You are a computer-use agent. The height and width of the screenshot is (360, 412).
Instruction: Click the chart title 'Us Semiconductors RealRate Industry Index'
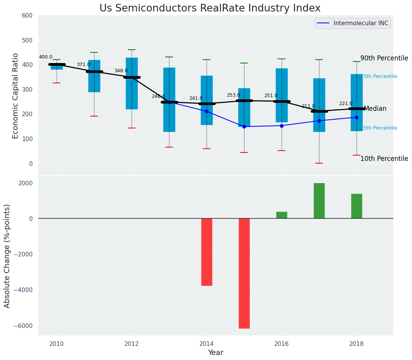click(x=210, y=8)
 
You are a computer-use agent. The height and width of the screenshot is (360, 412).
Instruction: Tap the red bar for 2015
click(x=244, y=273)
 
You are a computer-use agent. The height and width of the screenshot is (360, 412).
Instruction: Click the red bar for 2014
click(x=207, y=252)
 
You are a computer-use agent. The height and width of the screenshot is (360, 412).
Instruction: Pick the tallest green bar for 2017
click(x=319, y=201)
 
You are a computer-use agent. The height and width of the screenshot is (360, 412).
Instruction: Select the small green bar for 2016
click(x=282, y=215)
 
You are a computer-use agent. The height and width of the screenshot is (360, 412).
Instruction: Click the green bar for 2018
click(x=357, y=206)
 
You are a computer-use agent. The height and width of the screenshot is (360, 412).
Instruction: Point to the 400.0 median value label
click(x=46, y=57)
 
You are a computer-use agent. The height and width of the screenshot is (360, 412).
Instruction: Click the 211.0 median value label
click(x=308, y=106)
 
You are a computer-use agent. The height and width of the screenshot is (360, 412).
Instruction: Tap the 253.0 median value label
click(x=233, y=95)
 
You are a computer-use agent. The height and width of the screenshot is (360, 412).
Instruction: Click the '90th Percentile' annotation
click(x=384, y=58)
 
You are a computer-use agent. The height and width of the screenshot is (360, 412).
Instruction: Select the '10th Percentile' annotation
click(x=384, y=159)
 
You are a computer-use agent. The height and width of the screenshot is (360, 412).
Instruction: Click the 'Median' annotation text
click(x=375, y=109)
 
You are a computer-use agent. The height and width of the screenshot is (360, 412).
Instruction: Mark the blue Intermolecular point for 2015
click(x=244, y=126)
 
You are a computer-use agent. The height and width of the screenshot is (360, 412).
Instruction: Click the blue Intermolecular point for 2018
click(x=357, y=117)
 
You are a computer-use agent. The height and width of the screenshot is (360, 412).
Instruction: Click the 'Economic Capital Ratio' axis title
click(x=16, y=96)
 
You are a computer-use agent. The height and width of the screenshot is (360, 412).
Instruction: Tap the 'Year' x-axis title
click(x=215, y=353)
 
